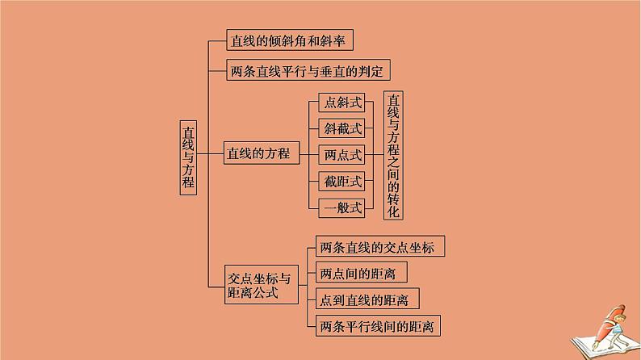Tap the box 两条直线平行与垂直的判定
coord(309,71)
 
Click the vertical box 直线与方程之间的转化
coord(393,154)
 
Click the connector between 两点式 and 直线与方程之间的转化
coord(374,153)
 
